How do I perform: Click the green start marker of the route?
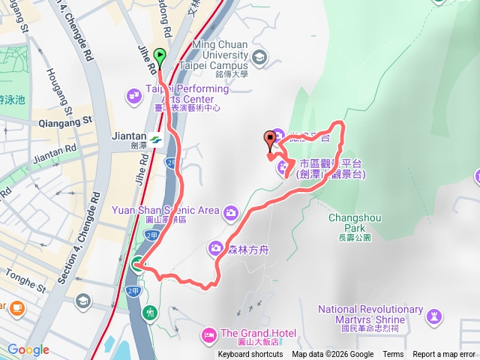coord(160,55)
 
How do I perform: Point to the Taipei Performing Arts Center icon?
coord(134,94)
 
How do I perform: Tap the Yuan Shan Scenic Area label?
coord(165,210)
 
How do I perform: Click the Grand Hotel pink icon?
coord(209,334)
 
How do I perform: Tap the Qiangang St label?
coord(67,120)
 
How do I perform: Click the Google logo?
coord(28,349)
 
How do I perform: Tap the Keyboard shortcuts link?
coord(250,355)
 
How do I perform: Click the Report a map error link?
coord(443,355)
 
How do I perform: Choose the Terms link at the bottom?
coord(393,355)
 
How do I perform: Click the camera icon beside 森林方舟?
coord(216,247)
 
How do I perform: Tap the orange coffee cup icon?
coord(16,307)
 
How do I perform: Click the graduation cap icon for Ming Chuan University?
coord(259,56)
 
